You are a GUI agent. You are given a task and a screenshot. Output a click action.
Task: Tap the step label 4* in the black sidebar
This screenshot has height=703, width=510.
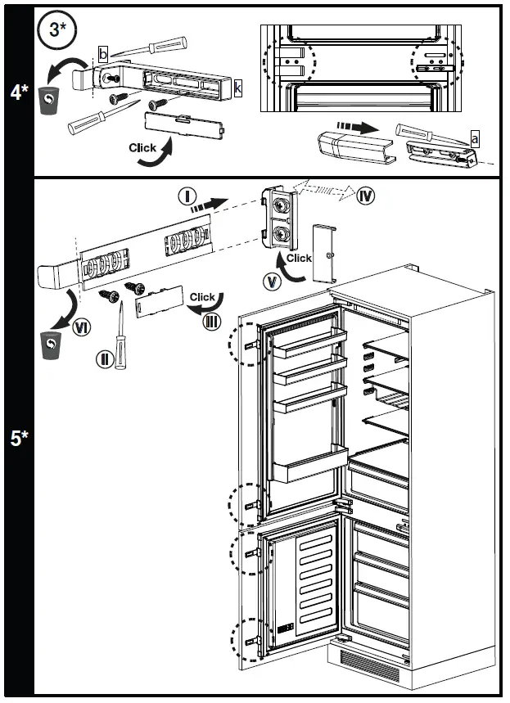tap(19, 92)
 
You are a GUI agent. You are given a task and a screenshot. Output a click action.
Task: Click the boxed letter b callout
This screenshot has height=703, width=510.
tap(102, 54)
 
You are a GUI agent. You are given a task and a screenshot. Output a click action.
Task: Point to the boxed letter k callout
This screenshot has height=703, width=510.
tap(237, 87)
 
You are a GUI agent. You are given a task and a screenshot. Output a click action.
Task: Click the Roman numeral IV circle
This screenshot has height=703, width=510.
tap(366, 196)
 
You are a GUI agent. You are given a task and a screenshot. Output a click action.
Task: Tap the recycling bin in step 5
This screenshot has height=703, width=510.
tap(52, 346)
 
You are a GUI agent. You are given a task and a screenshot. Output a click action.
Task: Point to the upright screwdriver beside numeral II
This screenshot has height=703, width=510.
tap(120, 336)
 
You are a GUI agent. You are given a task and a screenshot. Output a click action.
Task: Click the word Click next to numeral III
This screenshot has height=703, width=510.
tap(202, 297)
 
